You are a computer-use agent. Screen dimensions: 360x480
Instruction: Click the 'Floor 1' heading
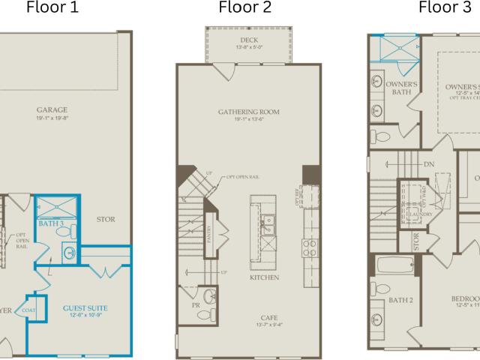52,8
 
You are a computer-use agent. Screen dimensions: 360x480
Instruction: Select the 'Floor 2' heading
245,8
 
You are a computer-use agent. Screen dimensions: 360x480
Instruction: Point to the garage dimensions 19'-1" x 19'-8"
52,118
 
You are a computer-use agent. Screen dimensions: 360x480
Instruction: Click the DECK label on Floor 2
249,40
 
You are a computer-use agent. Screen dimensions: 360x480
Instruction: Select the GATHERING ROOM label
248,112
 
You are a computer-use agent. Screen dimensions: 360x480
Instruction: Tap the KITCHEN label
265,277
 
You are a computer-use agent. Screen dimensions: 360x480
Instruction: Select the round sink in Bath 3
68,253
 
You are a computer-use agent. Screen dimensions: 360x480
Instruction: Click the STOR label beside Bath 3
105,220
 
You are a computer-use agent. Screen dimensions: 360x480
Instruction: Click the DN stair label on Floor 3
429,163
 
